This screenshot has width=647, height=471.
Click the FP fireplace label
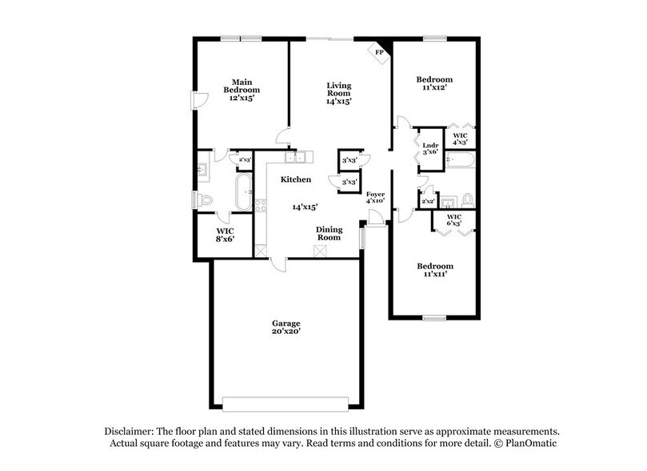[x=379, y=53]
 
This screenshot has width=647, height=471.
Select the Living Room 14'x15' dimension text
[x=338, y=101]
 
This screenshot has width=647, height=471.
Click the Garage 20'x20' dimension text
[x=285, y=330]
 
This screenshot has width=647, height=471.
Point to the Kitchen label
[x=295, y=180]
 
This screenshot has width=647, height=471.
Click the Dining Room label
[x=329, y=234]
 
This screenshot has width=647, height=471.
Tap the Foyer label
[x=376, y=195]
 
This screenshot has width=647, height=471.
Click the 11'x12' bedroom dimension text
[x=434, y=90]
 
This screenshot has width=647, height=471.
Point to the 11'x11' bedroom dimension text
[x=434, y=275]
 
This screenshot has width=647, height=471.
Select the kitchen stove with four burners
[x=260, y=204]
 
